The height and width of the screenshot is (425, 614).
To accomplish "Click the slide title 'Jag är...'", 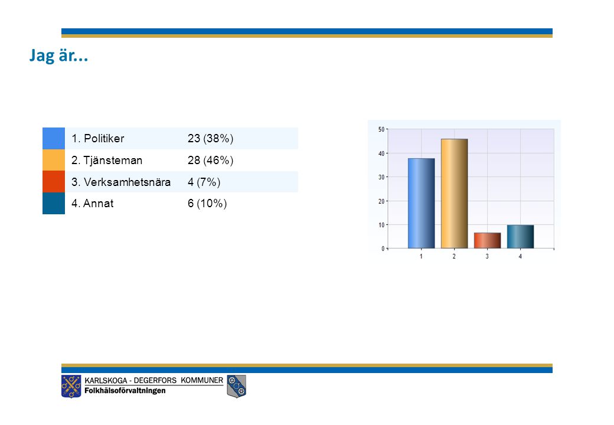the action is (58, 55).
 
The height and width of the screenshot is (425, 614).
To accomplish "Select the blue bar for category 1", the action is (422, 203).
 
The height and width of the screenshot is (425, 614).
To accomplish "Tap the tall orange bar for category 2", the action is (454, 194).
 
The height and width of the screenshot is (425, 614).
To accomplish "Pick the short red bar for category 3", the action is (487, 240).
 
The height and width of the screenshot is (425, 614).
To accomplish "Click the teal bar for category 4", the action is (520, 236).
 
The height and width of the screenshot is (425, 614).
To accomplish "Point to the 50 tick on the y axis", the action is (381, 129).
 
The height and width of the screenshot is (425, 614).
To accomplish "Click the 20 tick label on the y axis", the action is (381, 201).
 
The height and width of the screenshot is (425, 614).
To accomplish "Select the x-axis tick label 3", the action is (487, 256).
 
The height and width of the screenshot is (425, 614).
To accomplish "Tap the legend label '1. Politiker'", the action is (97, 139).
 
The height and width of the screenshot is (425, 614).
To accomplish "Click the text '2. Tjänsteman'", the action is (107, 161).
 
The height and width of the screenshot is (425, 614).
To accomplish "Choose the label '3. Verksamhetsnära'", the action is (121, 182).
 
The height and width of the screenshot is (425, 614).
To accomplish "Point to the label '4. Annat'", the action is (93, 204).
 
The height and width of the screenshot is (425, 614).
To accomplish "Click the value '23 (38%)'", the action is (210, 139).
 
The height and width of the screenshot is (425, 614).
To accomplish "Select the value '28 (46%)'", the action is (210, 161).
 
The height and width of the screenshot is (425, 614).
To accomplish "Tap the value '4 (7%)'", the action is (204, 182).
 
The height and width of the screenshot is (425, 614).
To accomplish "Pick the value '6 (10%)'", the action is (207, 204).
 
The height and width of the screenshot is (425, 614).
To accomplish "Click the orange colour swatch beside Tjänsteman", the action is (54, 160).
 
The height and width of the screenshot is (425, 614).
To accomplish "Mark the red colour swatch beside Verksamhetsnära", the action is (54, 182).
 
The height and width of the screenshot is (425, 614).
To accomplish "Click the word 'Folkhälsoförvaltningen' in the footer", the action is (125, 391).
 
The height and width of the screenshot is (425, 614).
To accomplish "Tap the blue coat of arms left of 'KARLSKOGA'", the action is (71, 386).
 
